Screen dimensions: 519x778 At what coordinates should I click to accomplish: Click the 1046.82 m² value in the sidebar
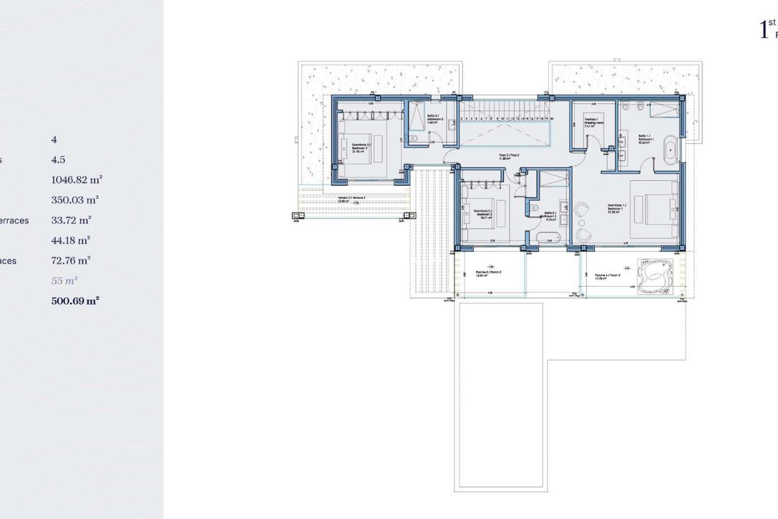coord(76,180)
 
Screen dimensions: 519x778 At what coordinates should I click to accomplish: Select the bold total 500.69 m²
coord(75,301)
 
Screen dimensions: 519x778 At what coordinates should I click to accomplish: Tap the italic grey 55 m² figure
coord(64,281)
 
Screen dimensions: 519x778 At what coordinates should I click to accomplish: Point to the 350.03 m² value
coord(75,200)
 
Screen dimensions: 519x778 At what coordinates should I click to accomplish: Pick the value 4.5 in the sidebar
coord(58,160)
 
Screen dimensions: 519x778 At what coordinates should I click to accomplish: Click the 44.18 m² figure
coord(71,241)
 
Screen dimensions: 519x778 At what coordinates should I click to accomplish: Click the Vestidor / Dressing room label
coord(593,122)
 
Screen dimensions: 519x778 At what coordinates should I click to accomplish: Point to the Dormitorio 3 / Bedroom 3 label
coord(361,147)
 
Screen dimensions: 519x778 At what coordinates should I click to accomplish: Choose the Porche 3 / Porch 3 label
coord(488,274)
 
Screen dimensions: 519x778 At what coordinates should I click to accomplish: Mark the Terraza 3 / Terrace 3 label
coord(352,199)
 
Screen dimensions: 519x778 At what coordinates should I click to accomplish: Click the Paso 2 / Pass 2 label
coord(509,156)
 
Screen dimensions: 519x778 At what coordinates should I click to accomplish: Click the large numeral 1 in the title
coord(764,30)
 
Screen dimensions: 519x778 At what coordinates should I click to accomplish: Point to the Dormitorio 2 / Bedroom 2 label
coord(483,213)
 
